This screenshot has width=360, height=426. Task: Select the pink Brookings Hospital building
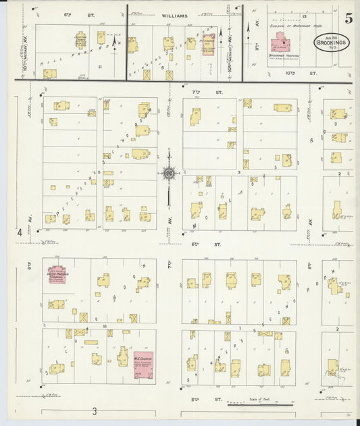(284, 45)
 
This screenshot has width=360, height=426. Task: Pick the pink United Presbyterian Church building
(55, 277)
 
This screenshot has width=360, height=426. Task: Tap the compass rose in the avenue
(167, 173)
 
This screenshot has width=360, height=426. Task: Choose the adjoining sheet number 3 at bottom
(95, 411)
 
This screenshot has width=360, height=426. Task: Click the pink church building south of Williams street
(209, 41)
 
